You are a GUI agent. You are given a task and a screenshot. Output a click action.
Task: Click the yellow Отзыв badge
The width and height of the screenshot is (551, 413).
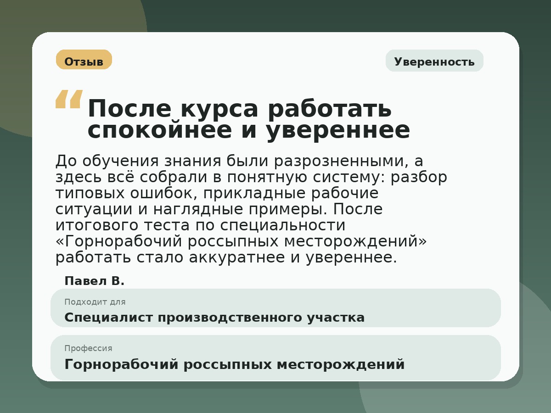(84, 60)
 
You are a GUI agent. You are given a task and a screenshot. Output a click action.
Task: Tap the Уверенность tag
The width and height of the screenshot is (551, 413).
(434, 61)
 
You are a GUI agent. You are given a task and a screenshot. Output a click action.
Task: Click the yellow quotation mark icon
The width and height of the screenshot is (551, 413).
(69, 99)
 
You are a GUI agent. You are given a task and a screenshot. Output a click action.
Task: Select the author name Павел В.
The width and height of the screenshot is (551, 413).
(95, 281)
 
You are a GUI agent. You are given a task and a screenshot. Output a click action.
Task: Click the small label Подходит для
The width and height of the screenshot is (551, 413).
(95, 302)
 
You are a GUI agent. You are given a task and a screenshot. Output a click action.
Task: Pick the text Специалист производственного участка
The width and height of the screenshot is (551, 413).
(214, 318)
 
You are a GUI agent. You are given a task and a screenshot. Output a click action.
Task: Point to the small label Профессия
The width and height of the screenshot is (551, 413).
(88, 348)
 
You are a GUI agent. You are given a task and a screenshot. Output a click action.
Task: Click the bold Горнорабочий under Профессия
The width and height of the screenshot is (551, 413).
(121, 365)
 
